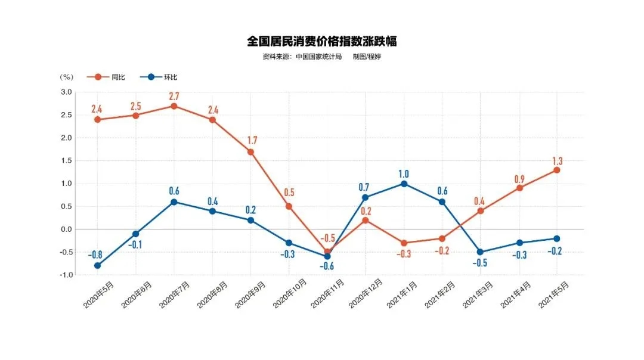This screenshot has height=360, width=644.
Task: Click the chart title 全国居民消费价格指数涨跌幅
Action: [322, 41]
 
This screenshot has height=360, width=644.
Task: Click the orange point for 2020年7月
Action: [174, 106]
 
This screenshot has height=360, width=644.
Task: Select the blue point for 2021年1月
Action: [404, 184]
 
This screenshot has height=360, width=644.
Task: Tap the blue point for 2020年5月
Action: [97, 266]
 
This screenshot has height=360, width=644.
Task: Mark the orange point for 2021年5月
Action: [557, 170]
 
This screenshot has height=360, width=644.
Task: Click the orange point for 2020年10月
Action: [289, 206]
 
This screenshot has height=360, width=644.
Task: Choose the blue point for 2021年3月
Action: [480, 252]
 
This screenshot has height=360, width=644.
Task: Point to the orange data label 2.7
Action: [174, 96]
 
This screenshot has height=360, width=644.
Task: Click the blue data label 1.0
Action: [404, 173]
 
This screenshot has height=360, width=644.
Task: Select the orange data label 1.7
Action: [250, 141]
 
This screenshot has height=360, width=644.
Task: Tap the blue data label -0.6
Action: [327, 266]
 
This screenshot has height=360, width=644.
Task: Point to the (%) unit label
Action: [67, 77]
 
